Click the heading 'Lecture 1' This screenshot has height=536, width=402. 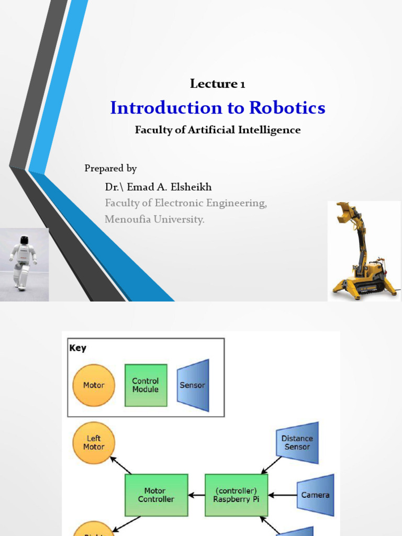click(217, 84)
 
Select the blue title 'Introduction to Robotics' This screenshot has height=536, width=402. click(217, 108)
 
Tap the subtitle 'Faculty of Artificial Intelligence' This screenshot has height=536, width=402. click(217, 130)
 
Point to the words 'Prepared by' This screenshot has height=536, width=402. click(110, 169)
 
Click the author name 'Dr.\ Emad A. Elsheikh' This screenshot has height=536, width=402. click(158, 187)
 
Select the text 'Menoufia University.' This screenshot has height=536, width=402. click(154, 219)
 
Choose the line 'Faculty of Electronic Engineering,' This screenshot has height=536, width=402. click(185, 203)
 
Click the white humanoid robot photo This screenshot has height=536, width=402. click(23, 264)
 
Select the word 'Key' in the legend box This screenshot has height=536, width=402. click(78, 348)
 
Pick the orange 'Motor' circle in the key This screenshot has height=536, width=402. click(94, 385)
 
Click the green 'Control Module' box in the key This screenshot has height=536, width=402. click(146, 385)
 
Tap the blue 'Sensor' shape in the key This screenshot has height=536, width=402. click(193, 385)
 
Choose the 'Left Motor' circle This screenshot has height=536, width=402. click(94, 443)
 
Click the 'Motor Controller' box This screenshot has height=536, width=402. click(156, 495)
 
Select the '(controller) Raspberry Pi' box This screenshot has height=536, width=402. click(236, 495)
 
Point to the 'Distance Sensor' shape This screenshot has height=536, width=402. click(297, 443)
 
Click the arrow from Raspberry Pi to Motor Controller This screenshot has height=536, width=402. click(196, 495)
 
